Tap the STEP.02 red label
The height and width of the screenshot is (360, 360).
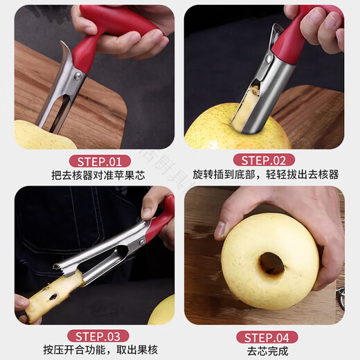coord(264,160)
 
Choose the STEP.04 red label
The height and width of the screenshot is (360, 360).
coord(264,337)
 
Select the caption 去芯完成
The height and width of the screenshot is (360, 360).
coord(264,350)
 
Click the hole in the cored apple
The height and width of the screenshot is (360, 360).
coord(271,263)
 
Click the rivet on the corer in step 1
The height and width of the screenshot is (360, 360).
coord(78,75)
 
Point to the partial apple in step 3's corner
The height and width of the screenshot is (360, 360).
coord(163,312)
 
